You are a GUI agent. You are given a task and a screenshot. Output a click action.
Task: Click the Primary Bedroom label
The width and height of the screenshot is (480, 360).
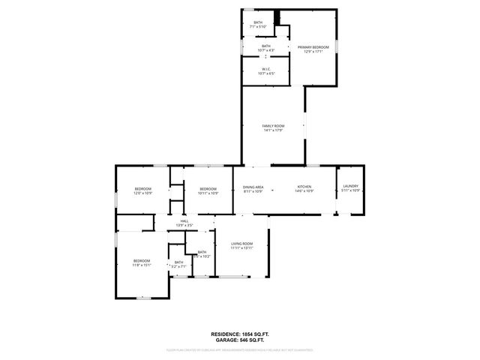(x=313, y=46)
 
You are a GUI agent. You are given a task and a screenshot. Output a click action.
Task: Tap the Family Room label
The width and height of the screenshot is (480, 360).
(x=272, y=126)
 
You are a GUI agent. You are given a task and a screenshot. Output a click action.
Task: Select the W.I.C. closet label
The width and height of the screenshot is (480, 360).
(x=266, y=69)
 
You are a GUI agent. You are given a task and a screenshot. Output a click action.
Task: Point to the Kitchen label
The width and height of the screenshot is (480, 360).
(x=304, y=187)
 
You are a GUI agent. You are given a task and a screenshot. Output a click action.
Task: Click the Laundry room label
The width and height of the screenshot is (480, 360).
(x=351, y=187)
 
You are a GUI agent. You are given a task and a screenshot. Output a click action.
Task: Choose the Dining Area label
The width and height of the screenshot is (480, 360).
(x=253, y=187)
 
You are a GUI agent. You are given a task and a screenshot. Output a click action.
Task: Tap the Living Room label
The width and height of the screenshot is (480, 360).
(x=241, y=244)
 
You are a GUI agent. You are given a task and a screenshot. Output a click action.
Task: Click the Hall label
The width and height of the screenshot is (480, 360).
(x=184, y=221)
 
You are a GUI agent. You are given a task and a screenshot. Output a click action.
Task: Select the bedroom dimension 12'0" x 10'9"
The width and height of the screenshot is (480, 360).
(x=142, y=193)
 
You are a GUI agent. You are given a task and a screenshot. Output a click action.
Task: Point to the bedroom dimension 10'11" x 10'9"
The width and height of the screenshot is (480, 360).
(x=208, y=193)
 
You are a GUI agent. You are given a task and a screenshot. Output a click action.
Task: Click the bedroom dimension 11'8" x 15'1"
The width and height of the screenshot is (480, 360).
(x=142, y=265)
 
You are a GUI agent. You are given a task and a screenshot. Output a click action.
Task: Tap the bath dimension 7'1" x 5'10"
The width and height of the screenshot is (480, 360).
(x=258, y=27)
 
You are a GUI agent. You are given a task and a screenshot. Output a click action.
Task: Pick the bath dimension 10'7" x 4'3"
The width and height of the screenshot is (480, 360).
(x=266, y=50)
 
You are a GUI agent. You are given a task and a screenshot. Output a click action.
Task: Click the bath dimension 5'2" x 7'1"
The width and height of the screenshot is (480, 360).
(x=178, y=266)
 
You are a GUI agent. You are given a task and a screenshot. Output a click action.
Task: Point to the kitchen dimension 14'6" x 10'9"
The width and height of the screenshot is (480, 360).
(x=304, y=191)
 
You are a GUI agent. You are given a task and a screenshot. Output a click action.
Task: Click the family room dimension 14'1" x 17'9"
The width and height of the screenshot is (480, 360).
(x=272, y=130)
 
